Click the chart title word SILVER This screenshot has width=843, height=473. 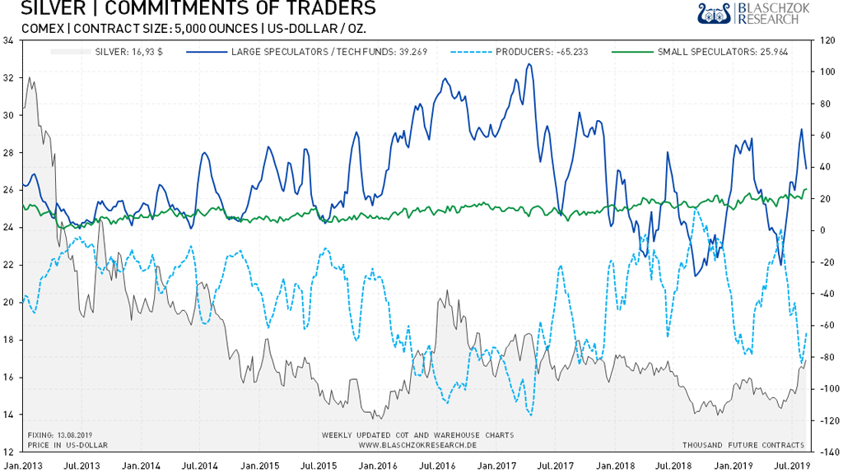click(48, 9)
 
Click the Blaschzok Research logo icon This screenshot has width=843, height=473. click(715, 13)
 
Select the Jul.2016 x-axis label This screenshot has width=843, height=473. click(439, 466)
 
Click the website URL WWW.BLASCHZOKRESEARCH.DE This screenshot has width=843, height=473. click(417, 445)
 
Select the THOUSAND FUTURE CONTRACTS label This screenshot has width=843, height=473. click(743, 445)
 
